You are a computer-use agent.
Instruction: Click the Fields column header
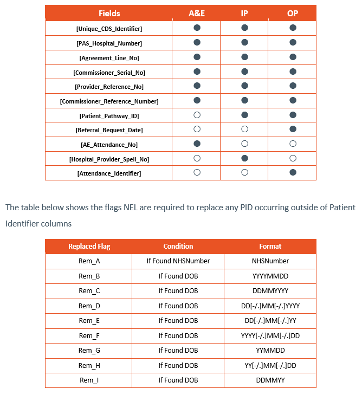tap(109, 13)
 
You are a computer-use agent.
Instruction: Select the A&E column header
tap(196, 13)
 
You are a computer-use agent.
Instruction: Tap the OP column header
tap(293, 13)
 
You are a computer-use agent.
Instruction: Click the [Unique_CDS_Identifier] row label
tap(109, 28)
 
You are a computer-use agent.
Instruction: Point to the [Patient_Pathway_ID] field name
tap(109, 116)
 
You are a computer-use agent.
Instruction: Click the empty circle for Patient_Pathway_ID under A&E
tap(197, 115)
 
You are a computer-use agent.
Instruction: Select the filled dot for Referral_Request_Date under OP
tap(293, 129)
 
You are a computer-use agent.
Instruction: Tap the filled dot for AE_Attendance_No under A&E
tap(197, 144)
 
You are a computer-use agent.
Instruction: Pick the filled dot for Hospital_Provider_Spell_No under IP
tap(245, 158)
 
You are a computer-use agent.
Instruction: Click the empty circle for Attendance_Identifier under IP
tap(245, 173)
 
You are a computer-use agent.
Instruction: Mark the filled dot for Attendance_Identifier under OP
tap(293, 173)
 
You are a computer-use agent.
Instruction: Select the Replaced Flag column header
tap(89, 247)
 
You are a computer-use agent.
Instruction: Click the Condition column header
tap(178, 247)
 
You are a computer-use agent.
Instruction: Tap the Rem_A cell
tap(89, 261)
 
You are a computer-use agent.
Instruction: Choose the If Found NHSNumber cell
tap(178, 261)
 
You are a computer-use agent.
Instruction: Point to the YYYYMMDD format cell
tap(270, 276)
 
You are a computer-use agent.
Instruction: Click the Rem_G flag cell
tap(89, 351)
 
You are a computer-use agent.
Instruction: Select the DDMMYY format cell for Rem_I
tap(270, 380)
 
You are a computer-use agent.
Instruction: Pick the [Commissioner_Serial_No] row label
tap(109, 72)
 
